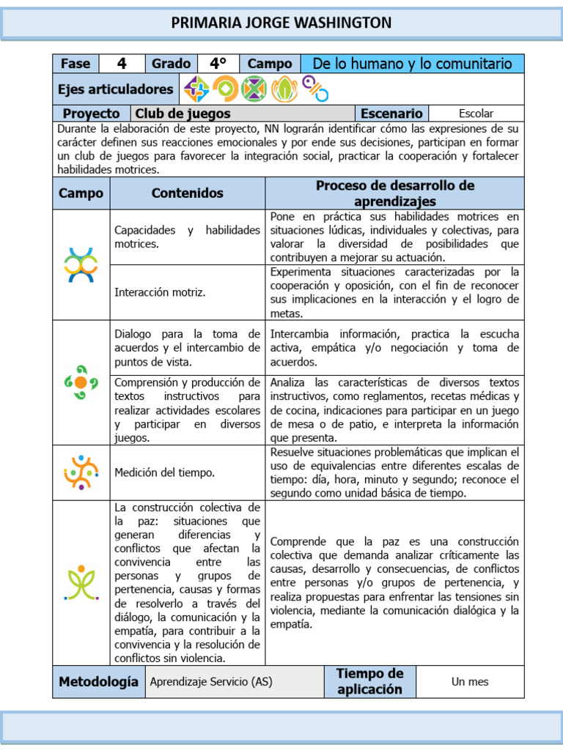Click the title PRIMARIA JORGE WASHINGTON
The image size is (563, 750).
[x=281, y=23]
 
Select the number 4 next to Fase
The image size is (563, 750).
[x=122, y=64]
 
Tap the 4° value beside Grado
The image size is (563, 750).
[x=218, y=64]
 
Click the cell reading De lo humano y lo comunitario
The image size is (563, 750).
[x=412, y=64]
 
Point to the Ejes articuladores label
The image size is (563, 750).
[x=115, y=89]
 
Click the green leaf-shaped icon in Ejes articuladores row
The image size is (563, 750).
[x=284, y=89]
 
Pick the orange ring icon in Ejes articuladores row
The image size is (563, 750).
[x=226, y=89]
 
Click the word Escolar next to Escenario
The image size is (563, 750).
[x=476, y=114]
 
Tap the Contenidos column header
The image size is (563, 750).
[x=187, y=193]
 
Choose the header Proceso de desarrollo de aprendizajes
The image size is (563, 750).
[x=394, y=193]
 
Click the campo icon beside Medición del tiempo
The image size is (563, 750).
[x=81, y=472]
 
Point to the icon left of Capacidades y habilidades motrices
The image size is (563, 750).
[x=81, y=264]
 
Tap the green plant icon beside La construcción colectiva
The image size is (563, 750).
[x=81, y=582]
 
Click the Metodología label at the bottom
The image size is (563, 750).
[x=98, y=682]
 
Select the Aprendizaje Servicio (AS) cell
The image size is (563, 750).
[x=210, y=682]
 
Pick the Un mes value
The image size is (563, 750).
[x=470, y=682]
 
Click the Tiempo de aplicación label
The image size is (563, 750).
[x=369, y=681]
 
